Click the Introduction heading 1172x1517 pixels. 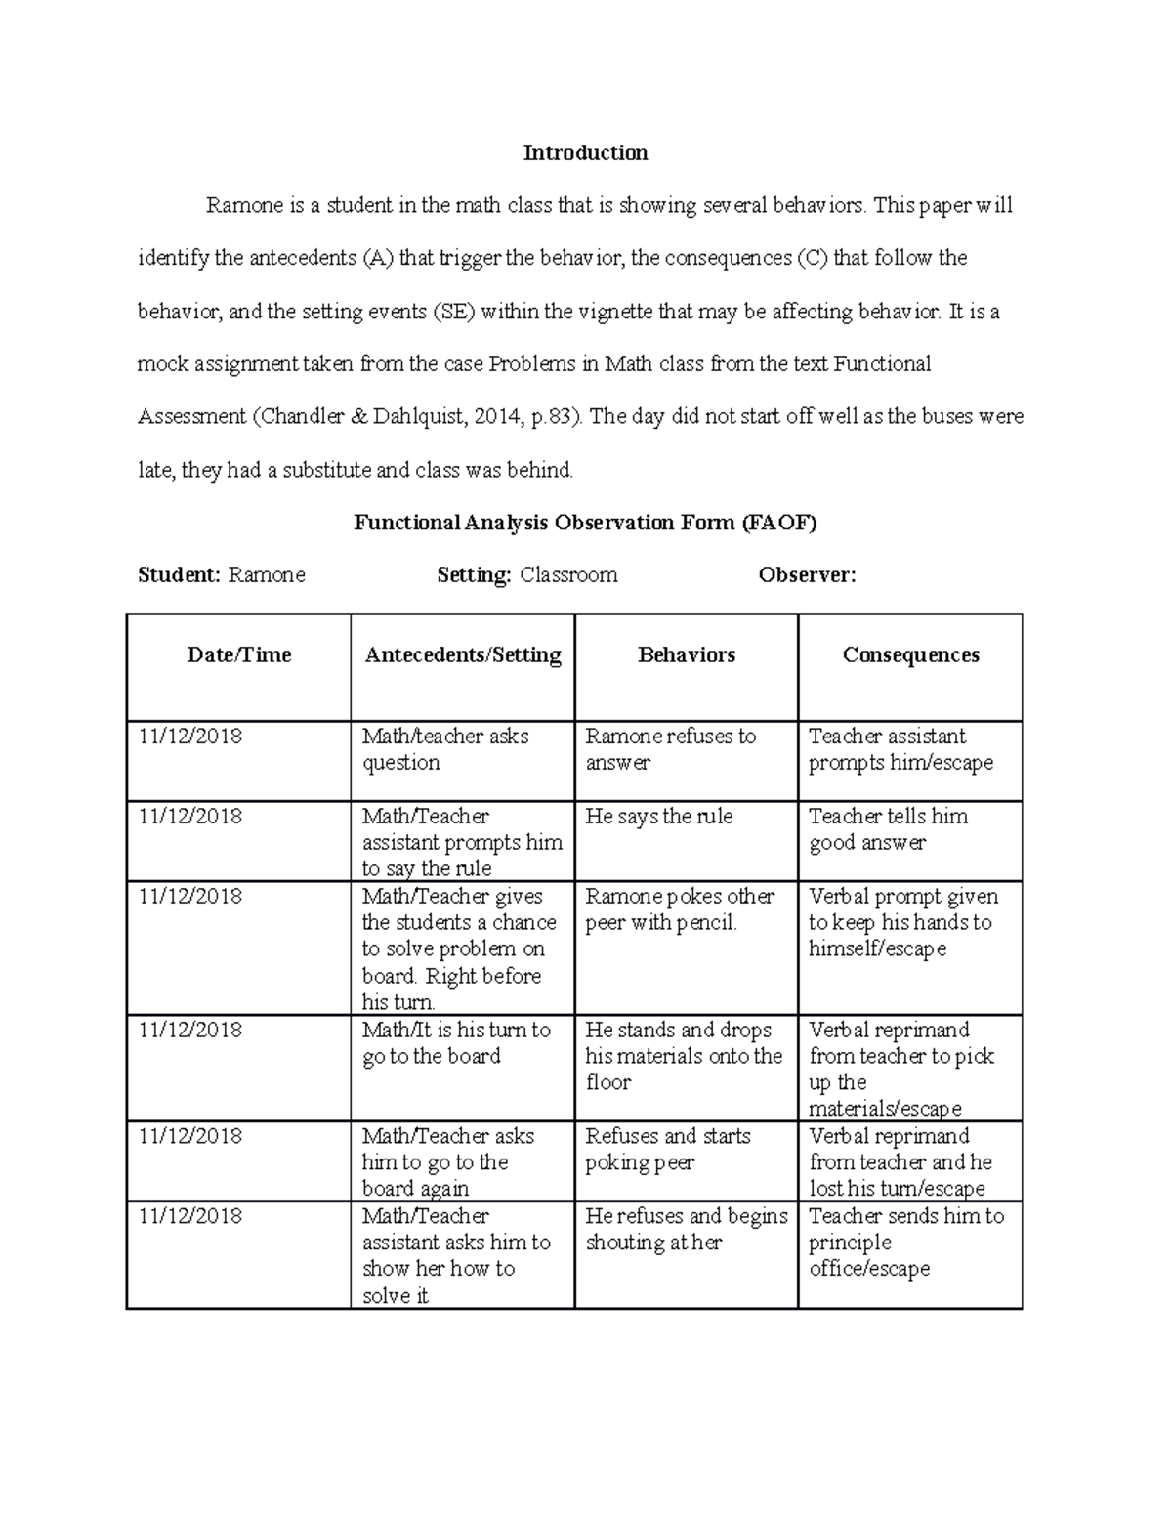click(585, 152)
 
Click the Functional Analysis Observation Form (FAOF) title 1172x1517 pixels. click(585, 523)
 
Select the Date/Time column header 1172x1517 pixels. click(238, 655)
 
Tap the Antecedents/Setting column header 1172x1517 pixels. click(462, 655)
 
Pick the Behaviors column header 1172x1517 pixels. click(686, 655)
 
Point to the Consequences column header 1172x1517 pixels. click(910, 655)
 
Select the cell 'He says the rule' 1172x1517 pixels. click(658, 817)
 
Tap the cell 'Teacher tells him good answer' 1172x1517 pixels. click(888, 829)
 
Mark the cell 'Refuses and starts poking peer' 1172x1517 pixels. click(667, 1149)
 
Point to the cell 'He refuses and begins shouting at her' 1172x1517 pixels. click(686, 1229)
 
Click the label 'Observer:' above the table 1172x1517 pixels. click(807, 575)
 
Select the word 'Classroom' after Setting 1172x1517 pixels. click(568, 575)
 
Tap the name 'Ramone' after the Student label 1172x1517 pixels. click(267, 575)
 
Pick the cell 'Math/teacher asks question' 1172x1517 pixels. click(445, 749)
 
